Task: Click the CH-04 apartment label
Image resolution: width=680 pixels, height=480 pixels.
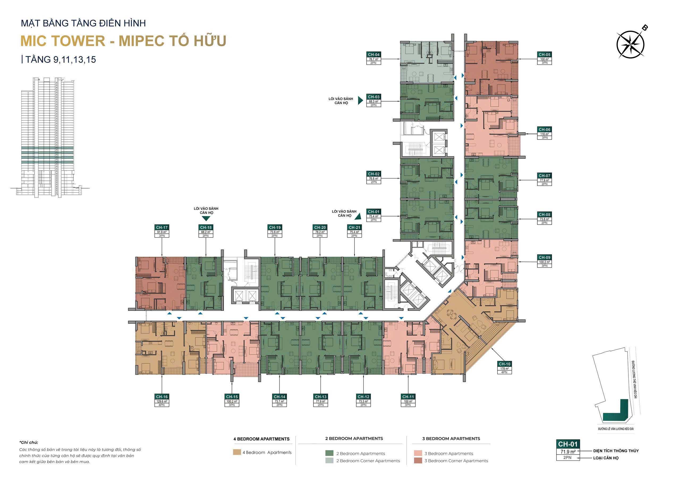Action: pos(373,54)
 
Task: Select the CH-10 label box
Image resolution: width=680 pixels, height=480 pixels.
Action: pos(504,364)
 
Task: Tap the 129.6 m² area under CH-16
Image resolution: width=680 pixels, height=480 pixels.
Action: pos(162,401)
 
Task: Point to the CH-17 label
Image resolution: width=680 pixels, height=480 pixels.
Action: pos(162,228)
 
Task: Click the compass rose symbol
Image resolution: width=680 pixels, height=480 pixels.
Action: pos(630,45)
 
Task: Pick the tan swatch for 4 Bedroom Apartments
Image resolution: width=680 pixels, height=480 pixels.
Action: pos(237,452)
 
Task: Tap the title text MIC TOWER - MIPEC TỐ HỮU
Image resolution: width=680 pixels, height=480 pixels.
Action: pos(123,41)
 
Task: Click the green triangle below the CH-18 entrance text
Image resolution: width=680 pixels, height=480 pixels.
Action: pos(206,219)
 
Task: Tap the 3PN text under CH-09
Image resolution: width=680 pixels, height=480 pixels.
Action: pos(544,265)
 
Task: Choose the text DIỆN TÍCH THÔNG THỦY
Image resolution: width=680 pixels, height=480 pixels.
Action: pos(616,451)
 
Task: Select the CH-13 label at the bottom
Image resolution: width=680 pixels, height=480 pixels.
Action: pos(320,397)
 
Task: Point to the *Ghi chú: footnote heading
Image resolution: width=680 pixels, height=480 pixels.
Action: pos(29,442)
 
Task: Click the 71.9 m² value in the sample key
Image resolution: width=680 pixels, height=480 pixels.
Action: pos(568,452)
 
